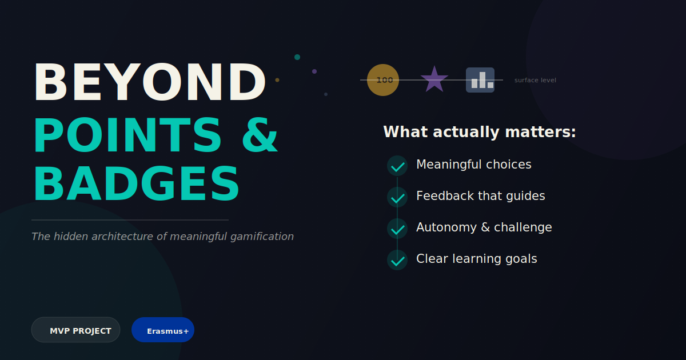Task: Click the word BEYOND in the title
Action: [x=150, y=82]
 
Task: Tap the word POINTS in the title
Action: [x=127, y=135]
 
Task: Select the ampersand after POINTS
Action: [x=260, y=135]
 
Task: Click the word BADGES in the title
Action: [x=136, y=183]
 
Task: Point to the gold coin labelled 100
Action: [x=383, y=80]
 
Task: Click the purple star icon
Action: [x=434, y=79]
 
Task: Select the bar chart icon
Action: [x=480, y=80]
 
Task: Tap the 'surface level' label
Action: [x=535, y=80]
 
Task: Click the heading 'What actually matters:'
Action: [x=480, y=132]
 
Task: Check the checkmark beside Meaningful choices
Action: [x=397, y=166]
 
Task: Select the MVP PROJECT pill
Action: [x=75, y=330]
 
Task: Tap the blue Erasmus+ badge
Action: [x=163, y=330]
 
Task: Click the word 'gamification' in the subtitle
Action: [x=262, y=237]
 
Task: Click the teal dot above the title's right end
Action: [x=297, y=57]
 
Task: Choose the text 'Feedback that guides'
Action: [x=481, y=196]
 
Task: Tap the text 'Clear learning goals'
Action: [x=477, y=259]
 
